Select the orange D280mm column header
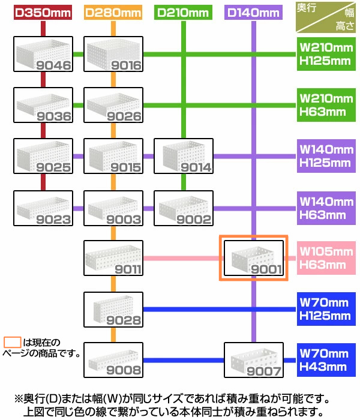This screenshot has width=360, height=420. [113, 12]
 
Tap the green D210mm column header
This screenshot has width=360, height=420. [182, 12]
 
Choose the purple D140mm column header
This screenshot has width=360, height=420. [253, 12]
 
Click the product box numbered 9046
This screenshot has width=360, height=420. [43, 55]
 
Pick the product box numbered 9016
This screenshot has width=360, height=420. [113, 55]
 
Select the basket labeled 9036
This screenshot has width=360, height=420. [43, 106]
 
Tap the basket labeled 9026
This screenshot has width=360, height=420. [113, 106]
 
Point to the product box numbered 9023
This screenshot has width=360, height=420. [43, 208]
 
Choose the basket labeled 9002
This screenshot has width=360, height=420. [182, 208]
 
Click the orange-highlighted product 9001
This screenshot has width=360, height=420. [253, 258]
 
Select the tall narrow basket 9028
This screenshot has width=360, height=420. [113, 310]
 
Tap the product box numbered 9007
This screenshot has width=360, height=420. [253, 360]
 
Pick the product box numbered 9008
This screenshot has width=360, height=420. [113, 360]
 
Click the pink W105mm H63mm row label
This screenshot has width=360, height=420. [325, 258]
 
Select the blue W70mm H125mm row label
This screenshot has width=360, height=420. [325, 310]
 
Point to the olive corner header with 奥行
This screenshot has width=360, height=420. [325, 17]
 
